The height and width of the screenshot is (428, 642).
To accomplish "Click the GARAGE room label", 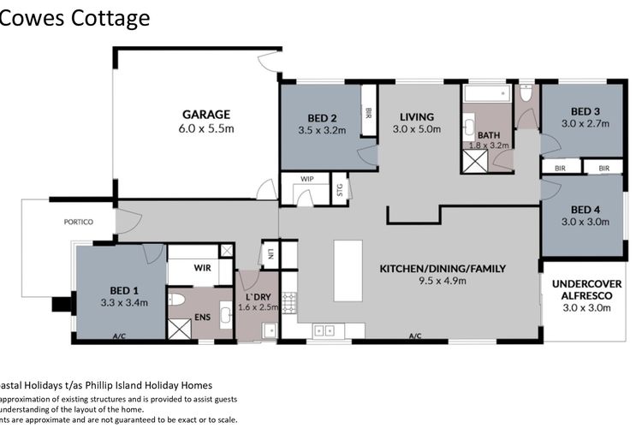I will (206, 114).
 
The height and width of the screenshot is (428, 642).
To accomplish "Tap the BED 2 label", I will (322, 119).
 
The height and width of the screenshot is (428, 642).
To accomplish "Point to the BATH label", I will (489, 134).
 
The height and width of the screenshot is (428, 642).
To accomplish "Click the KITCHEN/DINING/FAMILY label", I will (443, 269).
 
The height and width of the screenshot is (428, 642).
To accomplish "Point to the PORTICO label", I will (78, 222).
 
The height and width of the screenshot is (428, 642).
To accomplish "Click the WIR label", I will (202, 268).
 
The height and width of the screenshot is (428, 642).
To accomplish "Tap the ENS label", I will (202, 316).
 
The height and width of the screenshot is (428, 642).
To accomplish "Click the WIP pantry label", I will (308, 178).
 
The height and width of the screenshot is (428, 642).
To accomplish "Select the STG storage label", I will (340, 187).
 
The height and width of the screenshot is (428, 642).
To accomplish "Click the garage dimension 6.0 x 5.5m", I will (206, 128).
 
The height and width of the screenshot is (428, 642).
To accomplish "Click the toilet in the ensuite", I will (177, 300).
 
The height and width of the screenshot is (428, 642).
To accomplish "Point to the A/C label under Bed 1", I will (119, 337).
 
